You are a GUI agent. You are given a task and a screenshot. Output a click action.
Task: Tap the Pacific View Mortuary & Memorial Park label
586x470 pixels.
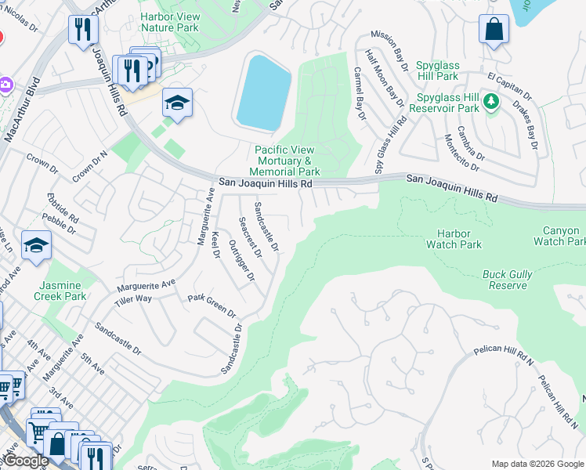point(284,161)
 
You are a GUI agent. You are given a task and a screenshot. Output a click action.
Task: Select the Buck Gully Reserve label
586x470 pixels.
point(507,280)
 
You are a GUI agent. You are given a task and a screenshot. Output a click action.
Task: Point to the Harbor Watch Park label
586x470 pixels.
point(454,239)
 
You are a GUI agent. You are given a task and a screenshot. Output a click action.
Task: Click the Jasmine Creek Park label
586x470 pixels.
point(60,291)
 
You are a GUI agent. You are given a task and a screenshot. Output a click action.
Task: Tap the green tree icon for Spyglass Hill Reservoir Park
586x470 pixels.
point(491,101)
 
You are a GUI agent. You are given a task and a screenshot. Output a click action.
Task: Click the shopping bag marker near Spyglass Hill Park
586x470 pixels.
point(494,31)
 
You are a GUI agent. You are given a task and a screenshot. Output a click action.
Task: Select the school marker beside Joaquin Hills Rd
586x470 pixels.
point(177,103)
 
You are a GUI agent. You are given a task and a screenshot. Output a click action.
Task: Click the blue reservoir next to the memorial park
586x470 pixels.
point(264,91)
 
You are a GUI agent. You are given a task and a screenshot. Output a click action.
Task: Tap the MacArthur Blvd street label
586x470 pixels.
point(22,109)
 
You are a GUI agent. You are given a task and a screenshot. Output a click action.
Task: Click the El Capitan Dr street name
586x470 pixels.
point(509,87)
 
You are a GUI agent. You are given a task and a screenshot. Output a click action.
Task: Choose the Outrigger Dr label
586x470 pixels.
point(241,260)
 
